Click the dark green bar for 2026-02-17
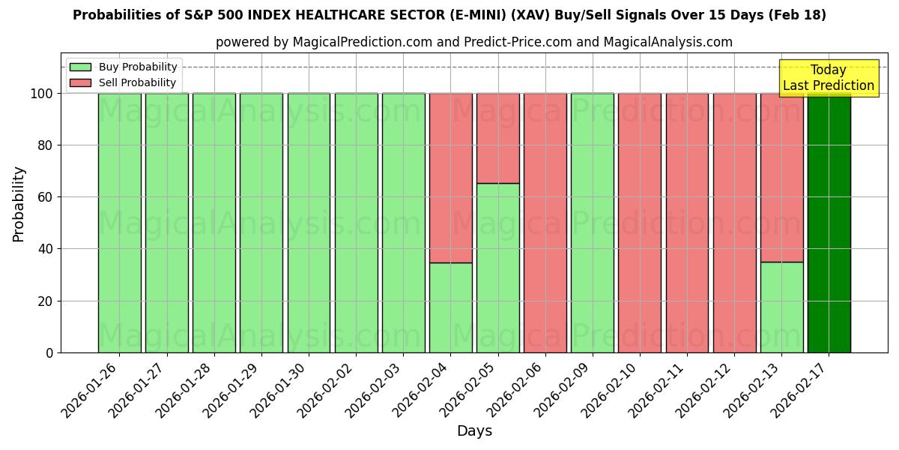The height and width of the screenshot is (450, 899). coord(829,225)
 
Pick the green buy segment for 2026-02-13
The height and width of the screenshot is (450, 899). coord(781,307)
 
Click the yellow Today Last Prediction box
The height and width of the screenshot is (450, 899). coord(828,78)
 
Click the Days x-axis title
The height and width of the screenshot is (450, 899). coord(474,431)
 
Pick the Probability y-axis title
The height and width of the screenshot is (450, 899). coord(19,203)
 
